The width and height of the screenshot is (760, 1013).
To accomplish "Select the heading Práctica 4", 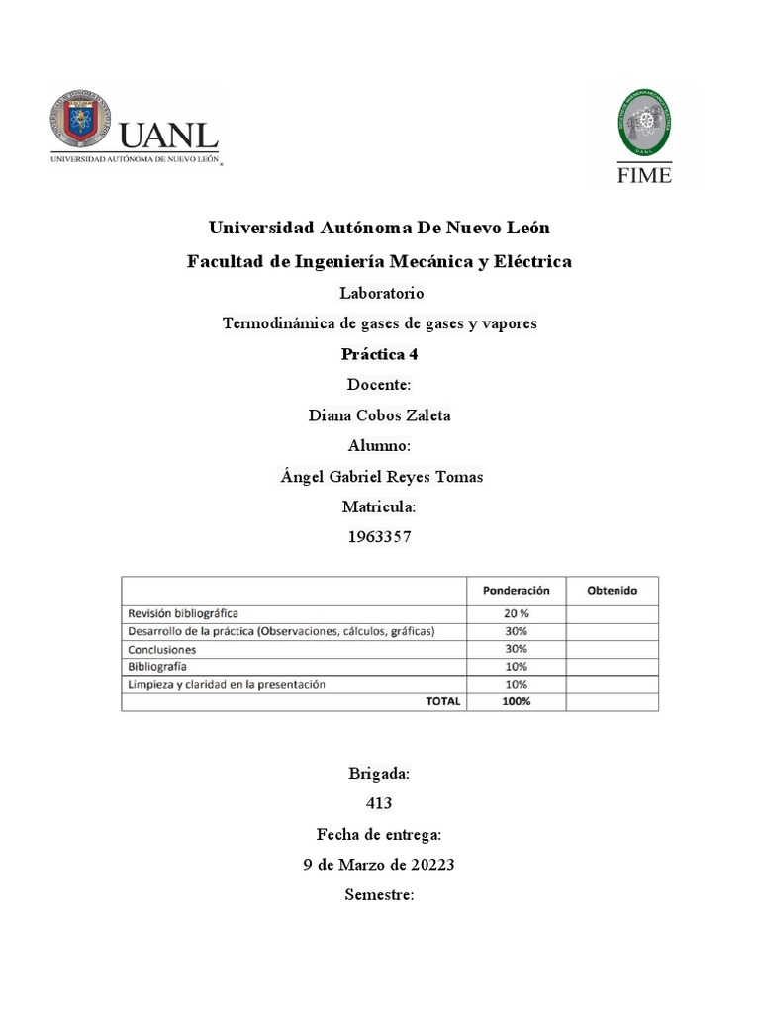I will point(379,354).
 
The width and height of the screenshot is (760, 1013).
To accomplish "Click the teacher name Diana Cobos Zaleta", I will point(379,415).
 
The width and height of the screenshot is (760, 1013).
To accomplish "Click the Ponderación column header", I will point(516,590).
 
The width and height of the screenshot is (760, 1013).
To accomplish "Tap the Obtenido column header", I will point(612,590).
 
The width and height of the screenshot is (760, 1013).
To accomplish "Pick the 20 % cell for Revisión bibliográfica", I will point(516,613).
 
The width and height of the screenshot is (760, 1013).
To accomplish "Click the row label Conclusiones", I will point(161,650).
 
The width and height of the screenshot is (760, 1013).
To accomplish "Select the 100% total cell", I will point(516,701).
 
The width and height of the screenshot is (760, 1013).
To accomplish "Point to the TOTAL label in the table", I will point(442,701).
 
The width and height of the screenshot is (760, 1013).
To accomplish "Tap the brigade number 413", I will point(379,803).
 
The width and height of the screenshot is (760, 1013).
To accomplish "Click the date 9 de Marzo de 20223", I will point(379,865).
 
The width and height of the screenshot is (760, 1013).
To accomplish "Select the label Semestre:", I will point(379,895).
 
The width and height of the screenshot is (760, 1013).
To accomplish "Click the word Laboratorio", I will point(381,293).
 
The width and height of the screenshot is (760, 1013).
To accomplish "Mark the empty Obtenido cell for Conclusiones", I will point(612,649).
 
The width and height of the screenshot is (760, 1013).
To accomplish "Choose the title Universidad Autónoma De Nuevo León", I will point(379,228).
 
